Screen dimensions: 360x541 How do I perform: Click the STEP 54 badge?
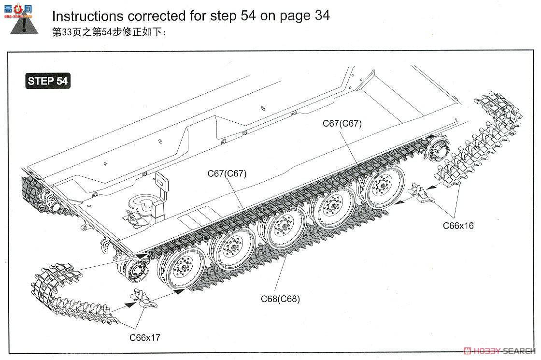[x=47, y=81]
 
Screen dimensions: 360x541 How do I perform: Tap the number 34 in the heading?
[x=319, y=15]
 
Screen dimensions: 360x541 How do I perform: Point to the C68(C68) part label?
[x=280, y=299]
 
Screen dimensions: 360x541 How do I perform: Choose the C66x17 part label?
[x=144, y=337]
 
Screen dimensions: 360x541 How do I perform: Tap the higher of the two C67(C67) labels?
[x=342, y=123]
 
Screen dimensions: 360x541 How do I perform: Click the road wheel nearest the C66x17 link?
[x=182, y=268]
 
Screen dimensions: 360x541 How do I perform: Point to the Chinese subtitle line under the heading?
[x=109, y=33]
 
